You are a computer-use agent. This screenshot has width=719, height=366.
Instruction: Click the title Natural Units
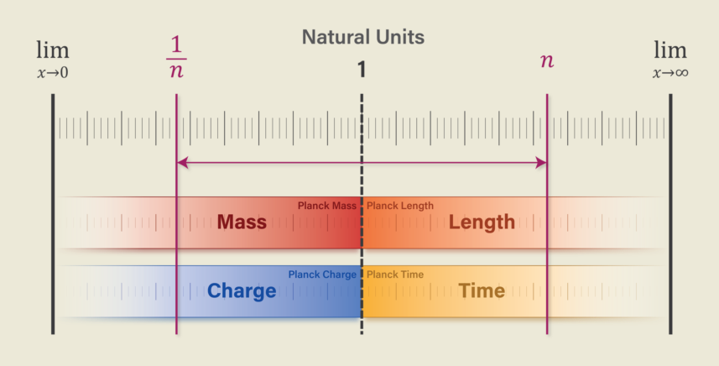point(363,38)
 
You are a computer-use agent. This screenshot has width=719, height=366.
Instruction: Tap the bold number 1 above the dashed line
point(362,70)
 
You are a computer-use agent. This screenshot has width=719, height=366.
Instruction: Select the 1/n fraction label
point(176,57)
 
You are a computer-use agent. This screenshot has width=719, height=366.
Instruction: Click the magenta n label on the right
point(546,61)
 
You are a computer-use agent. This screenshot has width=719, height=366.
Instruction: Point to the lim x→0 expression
point(53,59)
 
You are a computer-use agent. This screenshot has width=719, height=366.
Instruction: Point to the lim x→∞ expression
point(670,59)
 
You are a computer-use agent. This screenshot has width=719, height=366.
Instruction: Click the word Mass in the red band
point(242,222)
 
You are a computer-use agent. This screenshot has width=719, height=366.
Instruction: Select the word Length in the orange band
point(482,222)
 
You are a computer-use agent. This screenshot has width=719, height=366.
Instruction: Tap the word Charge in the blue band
point(242,291)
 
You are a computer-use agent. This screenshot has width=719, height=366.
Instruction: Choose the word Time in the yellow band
point(481,291)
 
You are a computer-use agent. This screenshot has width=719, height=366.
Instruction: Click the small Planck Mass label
point(327,206)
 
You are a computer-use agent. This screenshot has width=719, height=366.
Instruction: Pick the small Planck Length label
point(400,206)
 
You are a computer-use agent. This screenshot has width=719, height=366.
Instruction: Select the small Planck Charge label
point(323,274)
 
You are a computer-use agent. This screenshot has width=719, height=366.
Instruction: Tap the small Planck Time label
point(395,274)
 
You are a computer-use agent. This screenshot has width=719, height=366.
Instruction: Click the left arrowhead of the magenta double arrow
point(182,163)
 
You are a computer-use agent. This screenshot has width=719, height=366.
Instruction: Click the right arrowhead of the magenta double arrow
point(541,163)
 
